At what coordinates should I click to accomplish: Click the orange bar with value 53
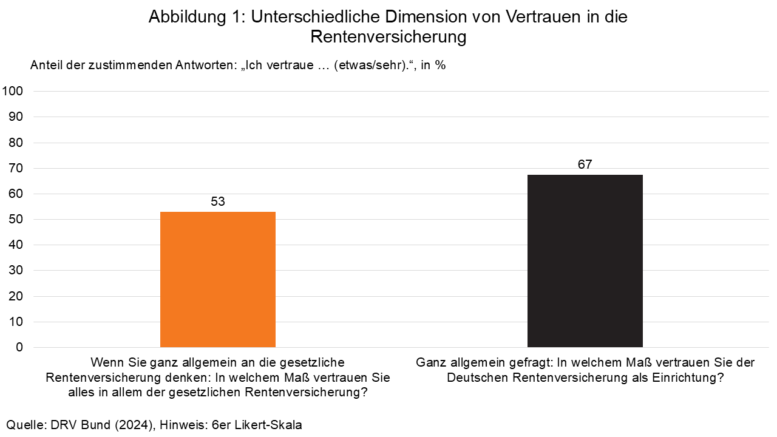coord(217,279)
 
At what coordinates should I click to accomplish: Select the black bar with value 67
coord(585,261)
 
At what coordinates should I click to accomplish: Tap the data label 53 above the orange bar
coord(217,202)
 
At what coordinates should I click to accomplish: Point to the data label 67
coord(585,164)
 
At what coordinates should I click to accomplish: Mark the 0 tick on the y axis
coord(19,347)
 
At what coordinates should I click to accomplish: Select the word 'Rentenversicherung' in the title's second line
coord(388,37)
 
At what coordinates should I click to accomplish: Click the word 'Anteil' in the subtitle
coord(46,65)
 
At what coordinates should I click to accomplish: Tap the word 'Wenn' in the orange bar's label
coord(104,362)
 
